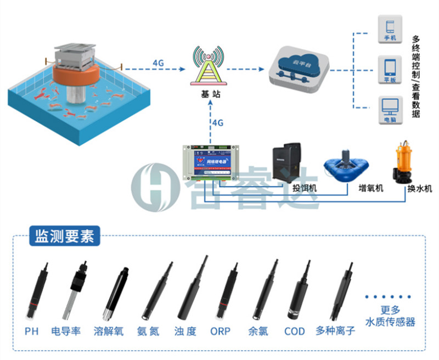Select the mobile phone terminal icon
(x=390, y=30)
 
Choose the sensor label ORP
(x=221, y=331)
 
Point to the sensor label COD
(x=295, y=331)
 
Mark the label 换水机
(x=419, y=189)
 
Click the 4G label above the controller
(x=218, y=122)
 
